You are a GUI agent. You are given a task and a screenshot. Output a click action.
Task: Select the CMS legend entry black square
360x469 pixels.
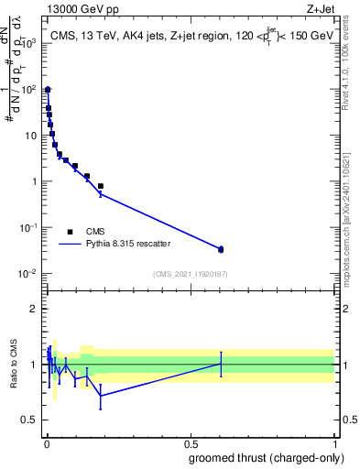(70, 232)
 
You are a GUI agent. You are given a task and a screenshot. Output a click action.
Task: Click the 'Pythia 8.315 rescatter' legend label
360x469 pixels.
(129, 244)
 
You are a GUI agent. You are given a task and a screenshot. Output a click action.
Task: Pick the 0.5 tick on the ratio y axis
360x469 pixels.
(31, 420)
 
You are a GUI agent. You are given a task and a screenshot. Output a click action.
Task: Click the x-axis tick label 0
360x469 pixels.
(46, 443)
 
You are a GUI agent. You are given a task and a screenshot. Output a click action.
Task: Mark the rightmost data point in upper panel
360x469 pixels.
(220, 249)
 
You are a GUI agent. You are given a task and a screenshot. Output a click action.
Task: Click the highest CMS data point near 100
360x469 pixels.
(48, 90)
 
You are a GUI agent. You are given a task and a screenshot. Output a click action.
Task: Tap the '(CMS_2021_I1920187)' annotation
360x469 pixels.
(190, 274)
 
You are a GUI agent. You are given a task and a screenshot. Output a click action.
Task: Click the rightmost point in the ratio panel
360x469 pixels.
(220, 364)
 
